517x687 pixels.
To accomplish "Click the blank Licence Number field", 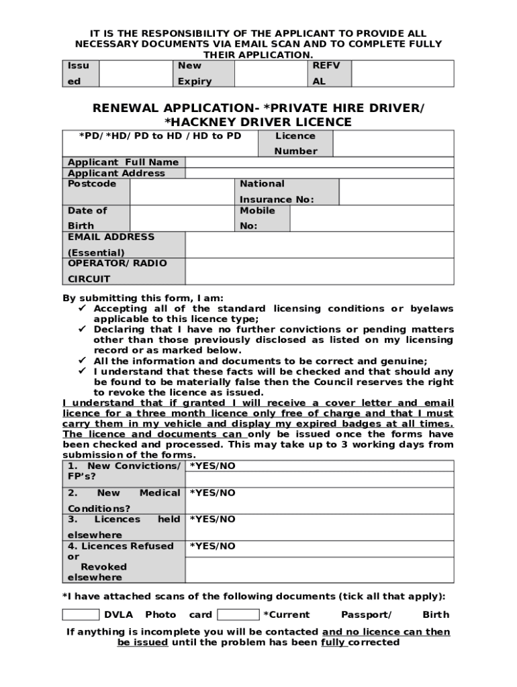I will [393, 144].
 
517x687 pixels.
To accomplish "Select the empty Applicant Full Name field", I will [319, 162].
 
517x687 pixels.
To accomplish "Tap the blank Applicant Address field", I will [319, 173].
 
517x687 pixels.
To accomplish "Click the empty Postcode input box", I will [181, 191].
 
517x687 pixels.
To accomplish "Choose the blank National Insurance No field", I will [396, 191].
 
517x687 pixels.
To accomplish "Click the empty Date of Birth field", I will [181, 218].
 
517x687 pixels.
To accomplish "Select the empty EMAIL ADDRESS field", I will [319, 245].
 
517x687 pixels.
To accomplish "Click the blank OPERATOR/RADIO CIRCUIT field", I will [319, 271].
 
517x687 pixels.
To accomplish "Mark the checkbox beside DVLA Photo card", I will [81, 615].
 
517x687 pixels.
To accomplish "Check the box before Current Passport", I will [238, 615].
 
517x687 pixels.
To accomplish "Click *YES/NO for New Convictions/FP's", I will [213, 466].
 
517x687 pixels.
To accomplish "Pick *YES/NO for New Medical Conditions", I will [213, 493].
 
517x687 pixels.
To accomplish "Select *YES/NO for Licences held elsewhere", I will [213, 519].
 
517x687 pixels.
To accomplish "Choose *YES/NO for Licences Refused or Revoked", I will [213, 546].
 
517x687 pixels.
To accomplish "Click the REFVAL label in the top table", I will [327, 73].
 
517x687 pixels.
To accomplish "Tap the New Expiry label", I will [194, 73].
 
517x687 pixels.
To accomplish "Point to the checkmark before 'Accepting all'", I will [83, 309].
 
